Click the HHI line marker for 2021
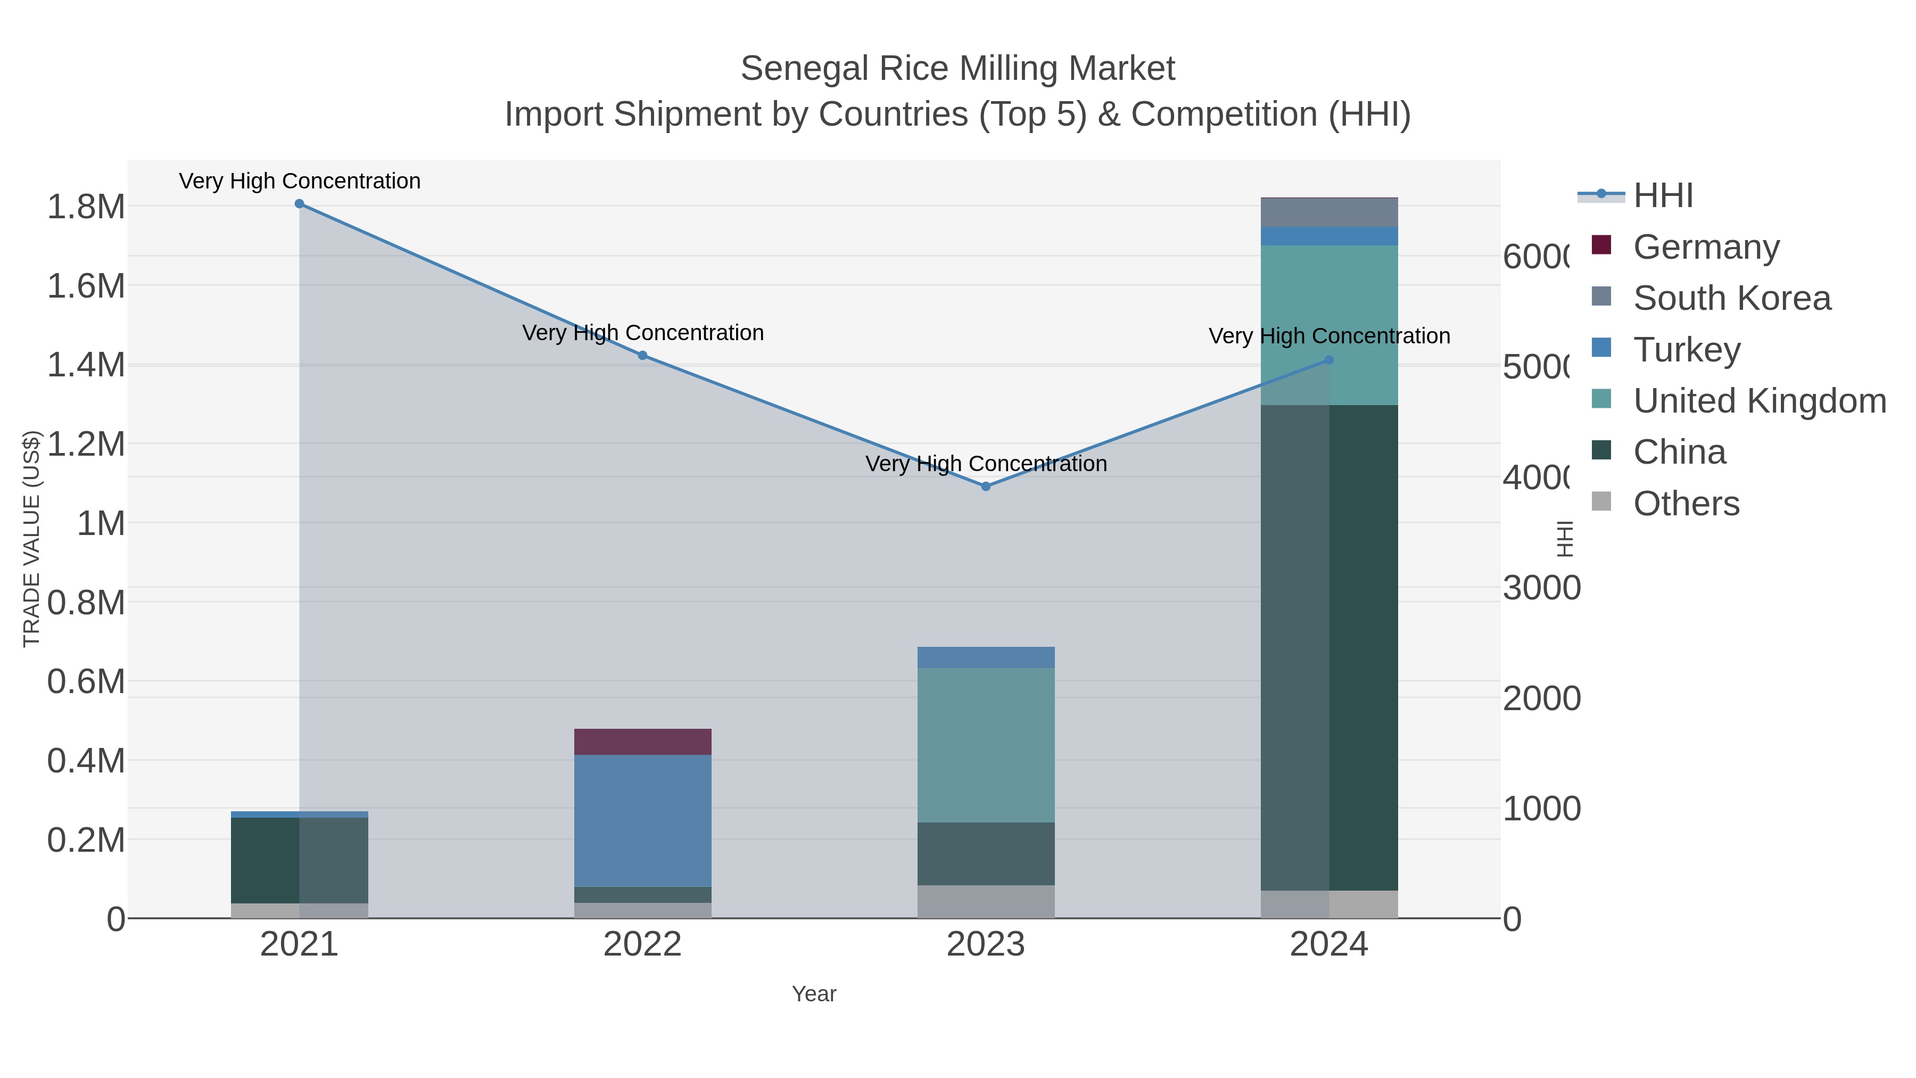[299, 204]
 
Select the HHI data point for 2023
[986, 487]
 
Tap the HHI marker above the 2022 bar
[642, 356]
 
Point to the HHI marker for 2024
[1329, 360]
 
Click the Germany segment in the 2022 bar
[642, 742]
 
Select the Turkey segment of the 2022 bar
[642, 820]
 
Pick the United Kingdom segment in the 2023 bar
[986, 745]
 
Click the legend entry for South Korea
[1731, 298]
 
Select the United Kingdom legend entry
[1759, 401]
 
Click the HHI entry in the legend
[1663, 196]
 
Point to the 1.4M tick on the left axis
[86, 365]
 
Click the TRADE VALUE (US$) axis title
[31, 539]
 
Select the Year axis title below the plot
[814, 994]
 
